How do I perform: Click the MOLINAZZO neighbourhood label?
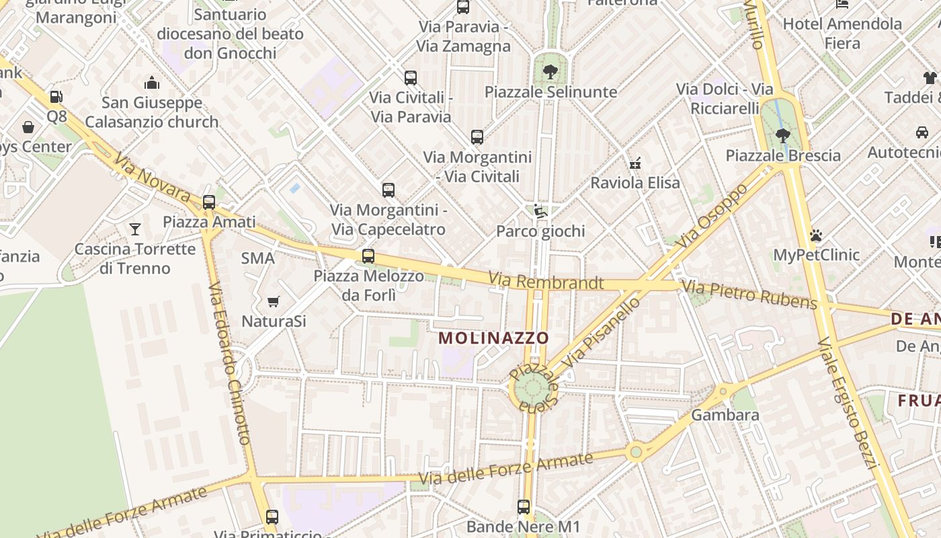coord(494,338)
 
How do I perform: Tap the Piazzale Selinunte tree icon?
coord(550,71)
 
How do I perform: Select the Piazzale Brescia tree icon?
coord(782,136)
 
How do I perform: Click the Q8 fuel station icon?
coord(56,97)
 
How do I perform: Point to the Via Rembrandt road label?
coord(546,282)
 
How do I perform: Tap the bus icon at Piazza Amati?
coord(209,202)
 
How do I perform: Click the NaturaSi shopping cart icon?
coord(273,301)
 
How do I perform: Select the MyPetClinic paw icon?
coord(816,235)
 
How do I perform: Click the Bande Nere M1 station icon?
coord(524,506)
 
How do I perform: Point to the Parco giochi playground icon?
coord(540,211)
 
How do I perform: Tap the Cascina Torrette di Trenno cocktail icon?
coord(135,229)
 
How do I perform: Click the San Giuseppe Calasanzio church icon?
coord(152,83)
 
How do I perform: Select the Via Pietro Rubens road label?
coord(749,295)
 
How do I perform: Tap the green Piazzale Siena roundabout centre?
coord(532,387)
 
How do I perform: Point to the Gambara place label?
coord(725,415)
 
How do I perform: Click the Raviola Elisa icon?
coord(635,163)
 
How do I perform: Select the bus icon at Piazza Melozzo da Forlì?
coord(368,256)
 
